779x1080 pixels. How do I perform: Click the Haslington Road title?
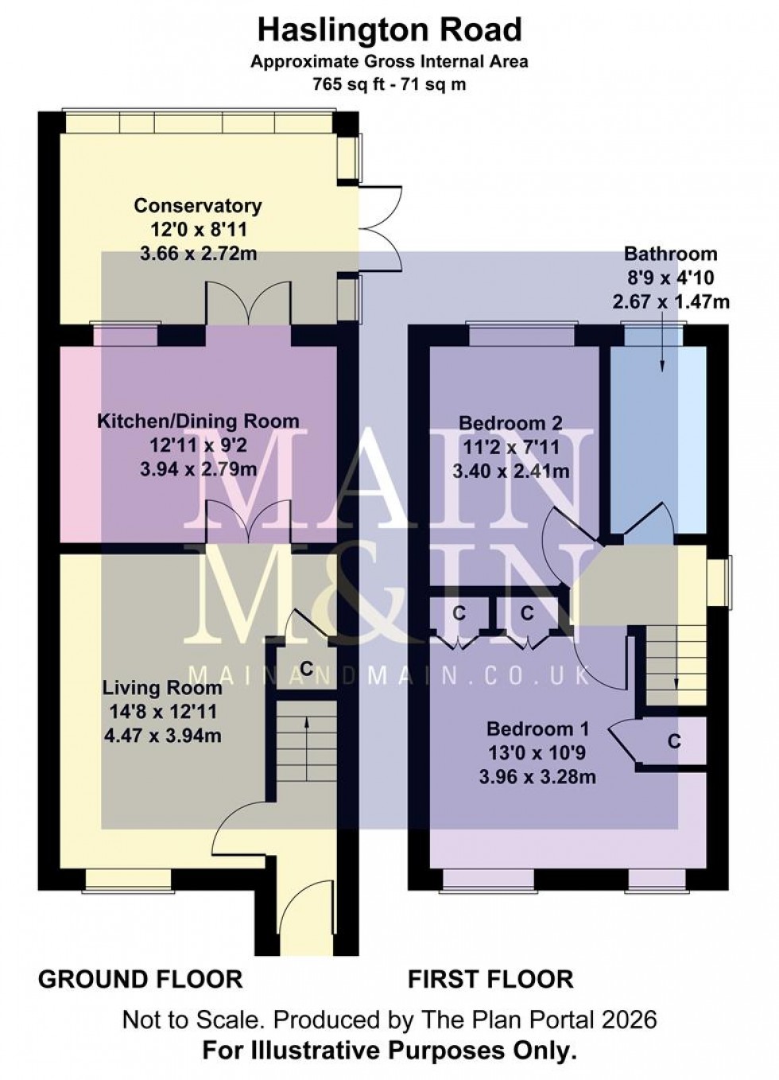pyautogui.click(x=389, y=30)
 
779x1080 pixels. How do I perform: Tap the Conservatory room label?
pyautogui.click(x=197, y=206)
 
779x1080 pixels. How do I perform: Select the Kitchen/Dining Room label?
pyautogui.click(x=198, y=421)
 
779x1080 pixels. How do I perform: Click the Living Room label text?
pyautogui.click(x=162, y=688)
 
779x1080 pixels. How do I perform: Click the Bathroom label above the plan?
pyautogui.click(x=670, y=254)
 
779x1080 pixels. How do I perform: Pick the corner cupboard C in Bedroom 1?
pyautogui.click(x=674, y=741)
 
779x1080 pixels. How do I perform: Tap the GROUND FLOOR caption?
pyautogui.click(x=140, y=979)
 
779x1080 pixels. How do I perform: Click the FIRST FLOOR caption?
pyautogui.click(x=490, y=979)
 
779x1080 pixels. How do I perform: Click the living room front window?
pyautogui.click(x=129, y=878)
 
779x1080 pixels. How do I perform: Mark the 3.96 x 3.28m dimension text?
pyautogui.click(x=537, y=777)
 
